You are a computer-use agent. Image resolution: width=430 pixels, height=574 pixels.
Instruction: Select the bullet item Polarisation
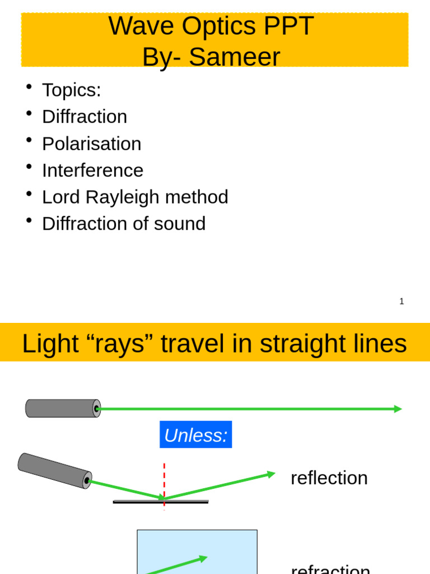point(91,143)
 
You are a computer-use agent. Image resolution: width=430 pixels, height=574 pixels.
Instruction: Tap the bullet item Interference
point(92,170)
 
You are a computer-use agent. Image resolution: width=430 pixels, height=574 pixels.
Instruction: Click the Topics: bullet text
point(71,90)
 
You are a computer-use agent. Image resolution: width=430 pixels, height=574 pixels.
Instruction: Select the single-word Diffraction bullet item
point(85,117)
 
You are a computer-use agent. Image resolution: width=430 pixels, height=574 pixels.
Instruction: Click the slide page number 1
point(401,302)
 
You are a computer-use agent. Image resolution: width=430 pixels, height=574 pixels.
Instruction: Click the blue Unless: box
point(195,435)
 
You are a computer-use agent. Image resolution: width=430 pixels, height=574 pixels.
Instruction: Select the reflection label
point(329,478)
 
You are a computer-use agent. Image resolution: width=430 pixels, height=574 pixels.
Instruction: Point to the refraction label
point(330,568)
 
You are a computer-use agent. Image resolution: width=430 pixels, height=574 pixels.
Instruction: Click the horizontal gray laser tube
point(62,409)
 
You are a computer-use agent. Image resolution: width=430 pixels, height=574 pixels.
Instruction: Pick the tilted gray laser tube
point(54,470)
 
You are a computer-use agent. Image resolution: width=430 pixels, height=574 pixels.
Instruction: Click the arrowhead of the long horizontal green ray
point(398,409)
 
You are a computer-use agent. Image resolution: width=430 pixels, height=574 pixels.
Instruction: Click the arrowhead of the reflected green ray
point(272,474)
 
